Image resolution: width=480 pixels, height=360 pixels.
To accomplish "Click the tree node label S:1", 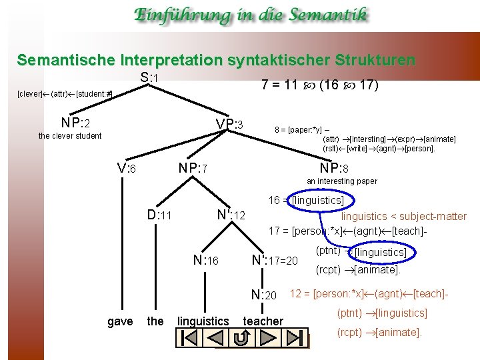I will coord(149,78).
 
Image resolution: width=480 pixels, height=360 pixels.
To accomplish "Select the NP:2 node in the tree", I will coord(75,123).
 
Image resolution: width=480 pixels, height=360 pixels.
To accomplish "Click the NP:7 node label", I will coord(194,169).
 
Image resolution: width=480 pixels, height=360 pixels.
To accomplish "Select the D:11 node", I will coord(160,215).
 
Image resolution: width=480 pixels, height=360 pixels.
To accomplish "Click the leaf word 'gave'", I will coord(120,321).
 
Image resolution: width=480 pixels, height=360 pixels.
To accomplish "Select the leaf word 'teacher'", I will coord(263,321).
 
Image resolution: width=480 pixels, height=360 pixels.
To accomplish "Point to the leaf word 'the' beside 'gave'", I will coord(155,321).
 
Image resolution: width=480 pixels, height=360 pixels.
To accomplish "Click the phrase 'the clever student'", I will coord(70,136).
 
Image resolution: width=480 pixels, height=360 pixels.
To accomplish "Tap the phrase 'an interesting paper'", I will coord(341,181).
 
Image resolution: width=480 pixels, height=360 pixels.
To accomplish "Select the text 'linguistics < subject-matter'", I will coord(404,216).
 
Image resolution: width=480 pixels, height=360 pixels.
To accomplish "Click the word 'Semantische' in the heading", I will coord(60,60).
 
